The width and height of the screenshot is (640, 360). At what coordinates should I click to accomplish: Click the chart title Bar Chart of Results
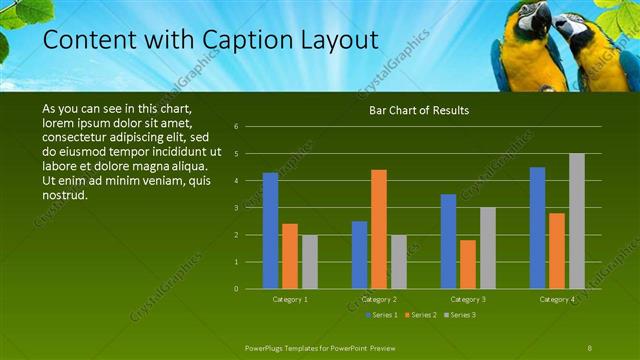pos(419,110)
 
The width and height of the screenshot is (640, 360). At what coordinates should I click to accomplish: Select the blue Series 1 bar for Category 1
pos(270,231)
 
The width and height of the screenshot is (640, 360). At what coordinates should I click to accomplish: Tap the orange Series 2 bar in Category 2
pos(379,229)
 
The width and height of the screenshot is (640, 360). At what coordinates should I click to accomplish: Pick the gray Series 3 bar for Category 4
pos(577,221)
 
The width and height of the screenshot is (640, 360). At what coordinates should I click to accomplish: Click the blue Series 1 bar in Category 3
pos(448,241)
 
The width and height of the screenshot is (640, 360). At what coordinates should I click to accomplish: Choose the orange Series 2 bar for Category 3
pos(468,264)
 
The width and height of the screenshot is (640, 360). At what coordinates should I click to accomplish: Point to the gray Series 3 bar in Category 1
pos(309,262)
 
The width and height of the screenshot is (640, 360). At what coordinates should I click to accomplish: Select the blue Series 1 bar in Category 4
pos(538,228)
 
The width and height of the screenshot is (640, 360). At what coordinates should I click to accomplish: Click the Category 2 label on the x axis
pos(379,299)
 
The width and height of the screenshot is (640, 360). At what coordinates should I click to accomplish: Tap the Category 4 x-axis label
pos(557,299)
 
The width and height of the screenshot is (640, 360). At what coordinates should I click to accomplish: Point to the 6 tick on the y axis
pos(235,127)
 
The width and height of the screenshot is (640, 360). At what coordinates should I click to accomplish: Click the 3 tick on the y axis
pos(235,208)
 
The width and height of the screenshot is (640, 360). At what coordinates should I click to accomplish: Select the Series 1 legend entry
pos(382,315)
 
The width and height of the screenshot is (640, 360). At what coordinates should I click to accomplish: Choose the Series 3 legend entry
pos(459,315)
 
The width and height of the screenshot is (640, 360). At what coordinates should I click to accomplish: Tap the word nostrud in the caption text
pos(65,194)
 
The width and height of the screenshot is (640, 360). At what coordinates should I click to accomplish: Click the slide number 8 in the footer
pos(590,346)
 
